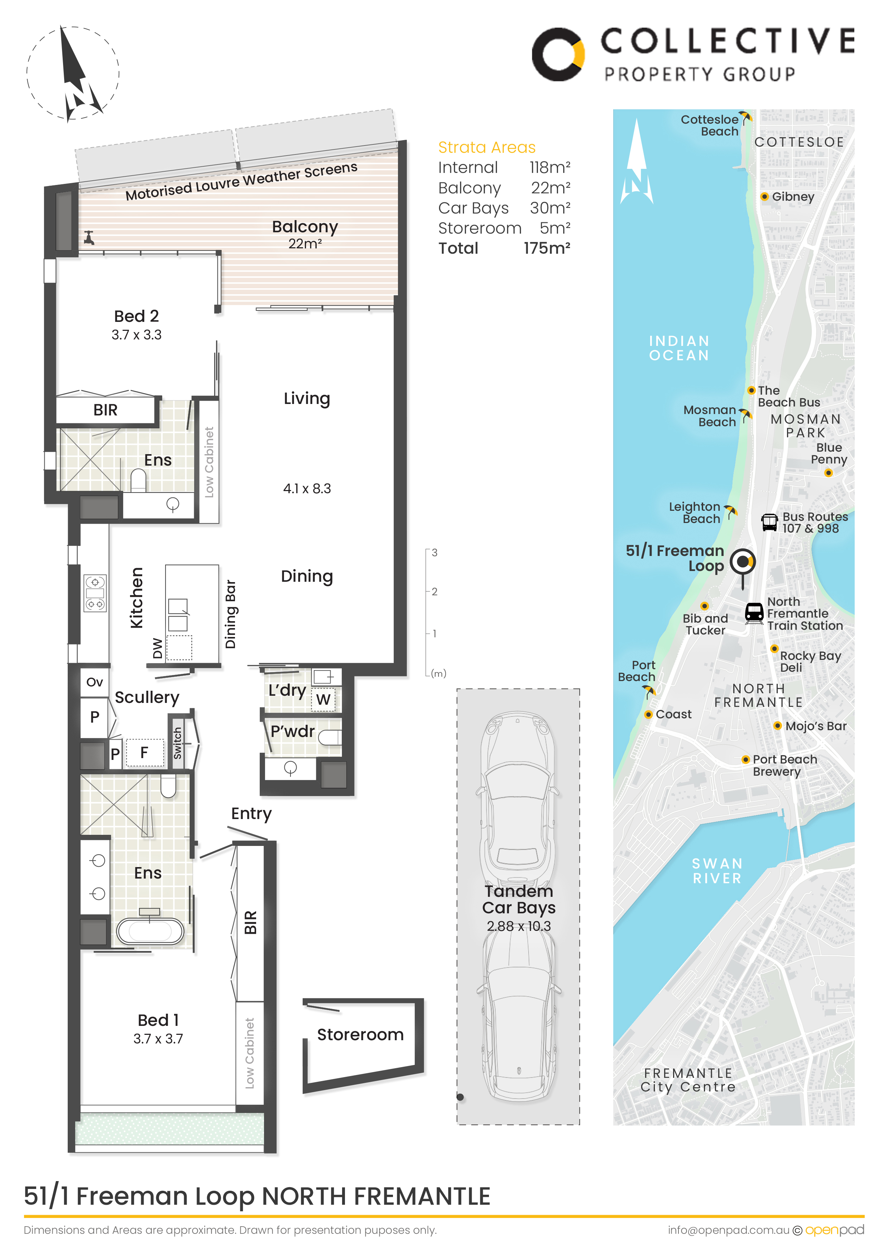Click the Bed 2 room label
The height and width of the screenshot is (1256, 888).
pos(137,316)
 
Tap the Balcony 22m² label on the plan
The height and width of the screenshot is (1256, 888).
pos(305,234)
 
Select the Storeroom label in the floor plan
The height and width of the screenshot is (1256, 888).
pos(360,1034)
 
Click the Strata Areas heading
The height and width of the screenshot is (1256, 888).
pos(487,147)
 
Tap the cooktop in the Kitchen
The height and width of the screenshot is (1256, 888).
pos(95,593)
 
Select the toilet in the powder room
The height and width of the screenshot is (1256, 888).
pos(330,738)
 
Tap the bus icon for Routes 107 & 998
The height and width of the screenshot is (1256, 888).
pos(769,522)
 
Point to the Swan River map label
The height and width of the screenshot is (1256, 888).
pos(717,871)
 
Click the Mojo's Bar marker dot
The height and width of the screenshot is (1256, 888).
pos(778,726)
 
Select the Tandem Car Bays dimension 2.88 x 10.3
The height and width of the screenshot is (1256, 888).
pos(519,926)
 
